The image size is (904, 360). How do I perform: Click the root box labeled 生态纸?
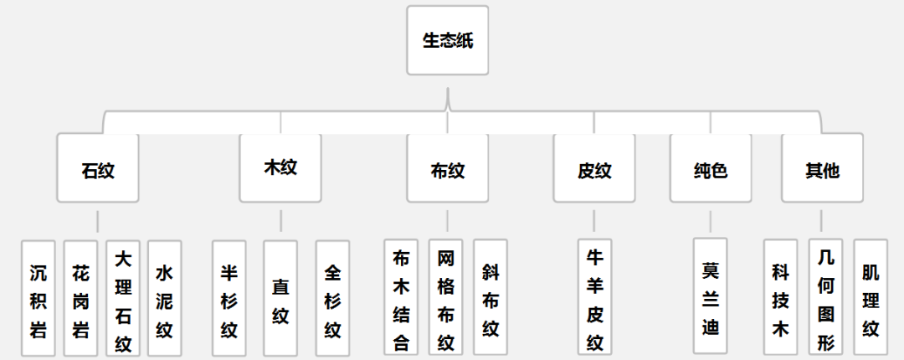point(447,40)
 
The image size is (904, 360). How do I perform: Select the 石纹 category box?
point(98,168)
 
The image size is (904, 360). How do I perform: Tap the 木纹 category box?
point(280,167)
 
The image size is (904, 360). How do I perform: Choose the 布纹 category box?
point(447,168)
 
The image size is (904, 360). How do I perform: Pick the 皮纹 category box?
point(594,168)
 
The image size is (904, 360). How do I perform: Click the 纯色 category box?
point(711,168)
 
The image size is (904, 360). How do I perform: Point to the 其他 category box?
point(822,168)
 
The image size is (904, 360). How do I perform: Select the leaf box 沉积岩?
point(39,299)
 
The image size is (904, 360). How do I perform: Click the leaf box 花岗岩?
point(80,299)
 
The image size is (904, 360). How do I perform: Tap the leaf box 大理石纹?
point(123,299)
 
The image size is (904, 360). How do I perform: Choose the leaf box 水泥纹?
point(165,299)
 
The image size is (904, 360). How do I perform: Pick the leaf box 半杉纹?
point(229,299)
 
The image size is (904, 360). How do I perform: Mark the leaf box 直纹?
point(280,299)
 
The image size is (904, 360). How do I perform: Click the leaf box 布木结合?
point(401,299)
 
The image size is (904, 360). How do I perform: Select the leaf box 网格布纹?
point(446,299)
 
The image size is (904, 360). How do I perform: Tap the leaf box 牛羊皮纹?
point(594,299)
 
